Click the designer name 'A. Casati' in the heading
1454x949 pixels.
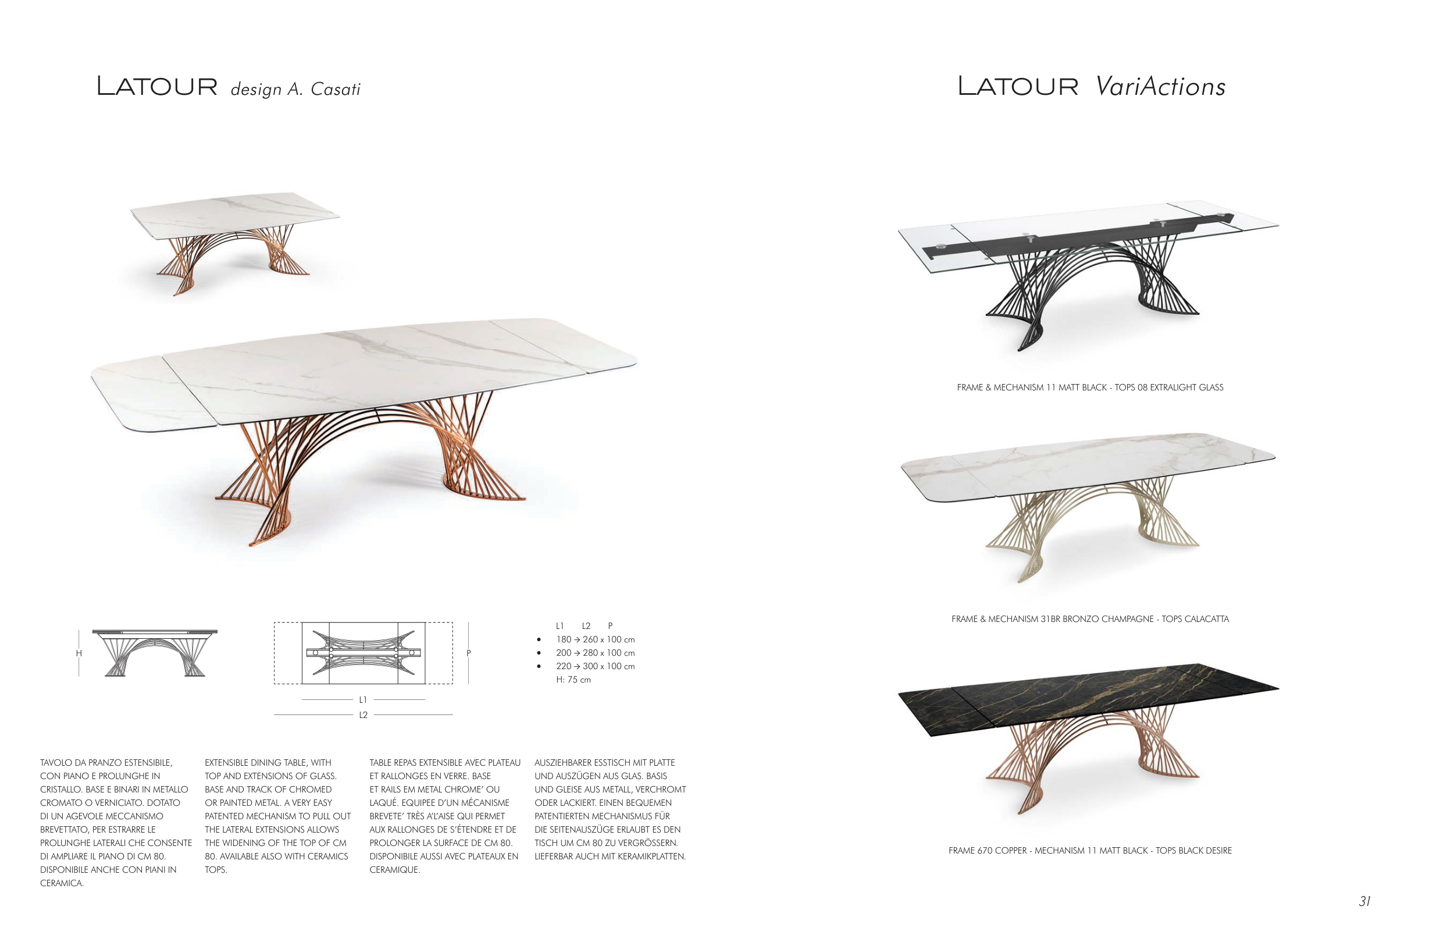coord(324,89)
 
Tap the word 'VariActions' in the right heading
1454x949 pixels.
coord(1160,86)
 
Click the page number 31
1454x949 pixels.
coord(1364,901)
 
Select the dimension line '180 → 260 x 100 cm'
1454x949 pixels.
coord(595,639)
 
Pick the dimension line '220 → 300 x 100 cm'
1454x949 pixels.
coord(595,666)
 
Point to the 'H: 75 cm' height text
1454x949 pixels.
coord(573,680)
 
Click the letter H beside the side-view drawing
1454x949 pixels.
coord(79,653)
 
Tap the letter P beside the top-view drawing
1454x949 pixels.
coord(469,653)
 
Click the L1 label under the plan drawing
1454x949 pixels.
coord(363,700)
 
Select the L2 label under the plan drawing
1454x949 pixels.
coord(363,715)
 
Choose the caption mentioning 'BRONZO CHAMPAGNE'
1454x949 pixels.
coord(1090,619)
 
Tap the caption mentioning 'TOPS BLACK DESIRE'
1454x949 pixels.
coord(1090,851)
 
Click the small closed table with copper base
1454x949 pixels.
coord(234,243)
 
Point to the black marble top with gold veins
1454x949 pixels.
coord(1088,700)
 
